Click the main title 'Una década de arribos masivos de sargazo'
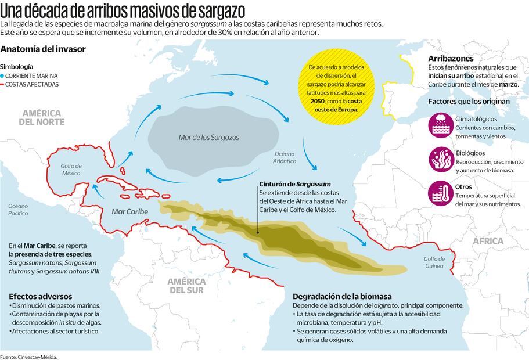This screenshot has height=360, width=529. (123, 10)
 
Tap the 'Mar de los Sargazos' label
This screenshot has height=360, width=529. (208, 138)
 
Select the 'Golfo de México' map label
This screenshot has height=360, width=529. (71, 170)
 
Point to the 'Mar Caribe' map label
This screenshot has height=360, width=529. (129, 211)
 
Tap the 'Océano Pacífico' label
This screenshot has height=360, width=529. (18, 210)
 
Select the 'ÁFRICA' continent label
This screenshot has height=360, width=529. (488, 241)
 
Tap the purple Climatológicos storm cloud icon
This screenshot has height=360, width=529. (441, 125)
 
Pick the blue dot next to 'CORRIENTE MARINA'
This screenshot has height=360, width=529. (3, 76)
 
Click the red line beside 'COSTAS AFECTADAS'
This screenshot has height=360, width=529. (3, 85)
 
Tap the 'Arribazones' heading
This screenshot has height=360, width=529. (450, 59)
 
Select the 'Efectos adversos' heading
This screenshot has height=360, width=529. (40, 295)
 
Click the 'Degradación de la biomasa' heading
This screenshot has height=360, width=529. (341, 295)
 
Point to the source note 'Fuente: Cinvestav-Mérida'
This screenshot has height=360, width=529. (29, 356)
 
